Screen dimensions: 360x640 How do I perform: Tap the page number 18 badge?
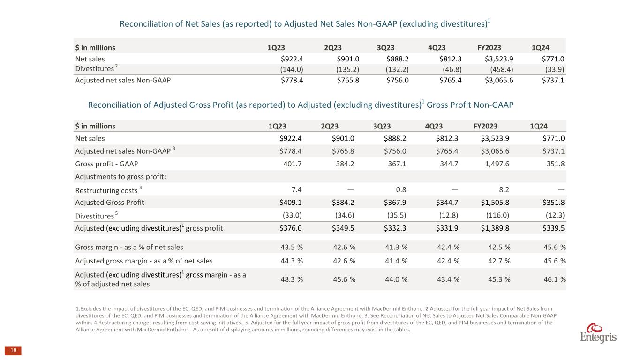click(x=13, y=351)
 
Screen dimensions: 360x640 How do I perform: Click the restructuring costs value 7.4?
click(x=296, y=189)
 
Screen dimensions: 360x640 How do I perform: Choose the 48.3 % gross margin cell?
click(x=291, y=279)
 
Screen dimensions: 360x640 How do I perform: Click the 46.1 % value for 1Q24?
click(x=554, y=279)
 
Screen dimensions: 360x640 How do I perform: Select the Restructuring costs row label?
click(x=106, y=190)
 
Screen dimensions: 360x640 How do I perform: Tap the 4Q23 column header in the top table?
click(x=437, y=47)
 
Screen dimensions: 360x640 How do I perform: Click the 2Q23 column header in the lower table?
click(x=330, y=126)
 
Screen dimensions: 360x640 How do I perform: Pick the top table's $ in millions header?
click(x=95, y=47)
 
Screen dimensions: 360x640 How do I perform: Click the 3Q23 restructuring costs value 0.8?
click(x=400, y=189)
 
